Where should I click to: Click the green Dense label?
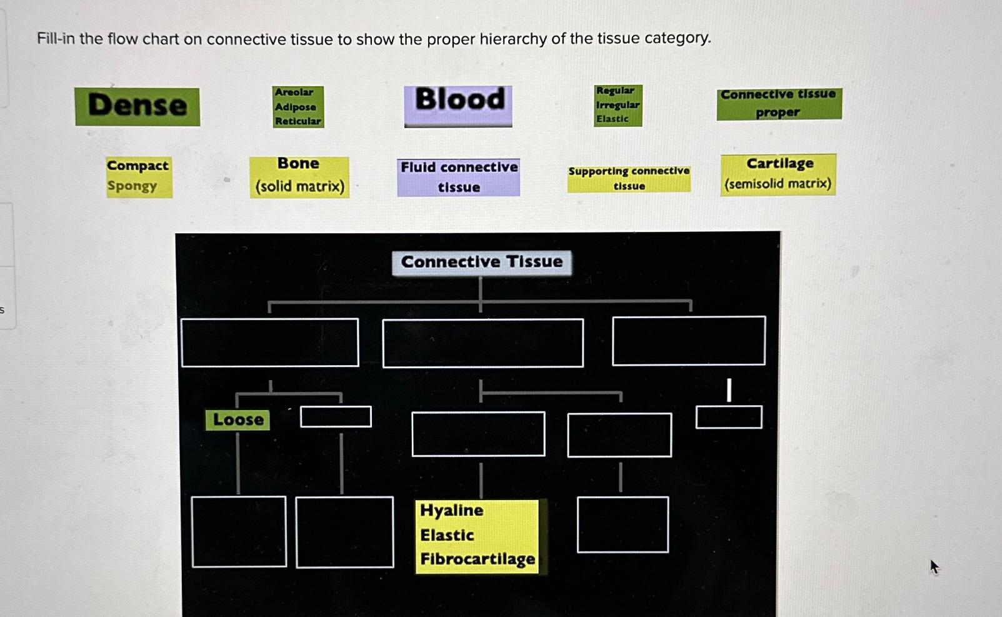[x=138, y=106]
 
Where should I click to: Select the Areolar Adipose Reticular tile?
[x=298, y=107]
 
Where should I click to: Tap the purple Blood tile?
[x=458, y=106]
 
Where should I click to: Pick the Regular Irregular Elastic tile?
[x=618, y=106]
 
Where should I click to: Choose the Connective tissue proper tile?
[x=779, y=104]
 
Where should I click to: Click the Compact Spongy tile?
[x=138, y=177]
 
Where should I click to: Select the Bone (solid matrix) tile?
[x=299, y=177]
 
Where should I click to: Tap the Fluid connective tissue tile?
[x=458, y=178]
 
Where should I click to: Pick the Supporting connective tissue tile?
[x=629, y=179]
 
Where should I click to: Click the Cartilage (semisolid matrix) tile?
[x=778, y=174]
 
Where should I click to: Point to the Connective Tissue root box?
[x=481, y=262]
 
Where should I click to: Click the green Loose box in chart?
[x=238, y=420]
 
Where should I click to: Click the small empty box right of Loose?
[x=336, y=417]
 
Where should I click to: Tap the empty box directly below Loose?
[x=239, y=532]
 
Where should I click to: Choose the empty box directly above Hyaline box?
[x=478, y=434]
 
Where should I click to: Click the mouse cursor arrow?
[x=934, y=566]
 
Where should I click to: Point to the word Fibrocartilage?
[x=478, y=559]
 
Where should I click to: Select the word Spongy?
[x=132, y=186]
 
